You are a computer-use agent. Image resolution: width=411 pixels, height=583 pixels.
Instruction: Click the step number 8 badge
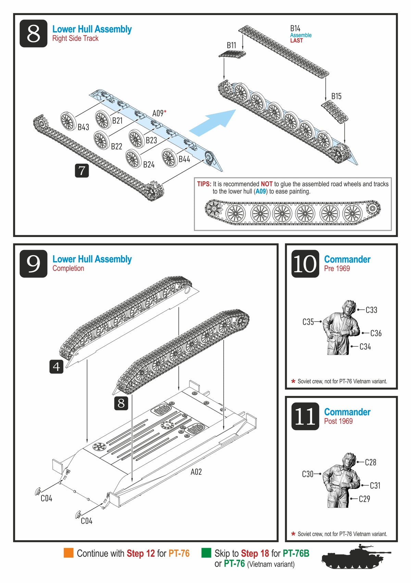[x=33, y=33]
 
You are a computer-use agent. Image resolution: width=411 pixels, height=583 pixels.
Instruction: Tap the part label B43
[x=83, y=127]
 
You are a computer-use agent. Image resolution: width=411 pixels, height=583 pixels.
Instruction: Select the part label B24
[x=149, y=165]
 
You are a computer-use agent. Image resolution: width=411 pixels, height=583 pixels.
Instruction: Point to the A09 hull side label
[x=159, y=113]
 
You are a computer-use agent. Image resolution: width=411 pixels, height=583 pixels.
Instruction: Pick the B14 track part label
[x=295, y=28]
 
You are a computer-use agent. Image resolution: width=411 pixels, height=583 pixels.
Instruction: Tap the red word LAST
[x=297, y=40]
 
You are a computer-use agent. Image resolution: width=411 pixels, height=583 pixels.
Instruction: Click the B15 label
[x=336, y=96]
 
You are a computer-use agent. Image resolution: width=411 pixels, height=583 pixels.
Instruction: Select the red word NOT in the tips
[x=266, y=184]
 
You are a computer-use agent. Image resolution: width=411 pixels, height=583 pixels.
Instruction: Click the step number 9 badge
[x=33, y=263]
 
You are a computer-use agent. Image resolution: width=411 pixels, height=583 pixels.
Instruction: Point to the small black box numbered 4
[x=56, y=367]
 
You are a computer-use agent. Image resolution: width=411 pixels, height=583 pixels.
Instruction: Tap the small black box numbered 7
[x=82, y=170]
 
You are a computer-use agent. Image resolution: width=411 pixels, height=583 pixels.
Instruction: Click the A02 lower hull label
[x=196, y=472]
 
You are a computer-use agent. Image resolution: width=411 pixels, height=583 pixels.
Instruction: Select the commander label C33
[x=371, y=310]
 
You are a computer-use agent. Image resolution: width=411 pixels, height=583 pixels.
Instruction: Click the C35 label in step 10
[x=308, y=322]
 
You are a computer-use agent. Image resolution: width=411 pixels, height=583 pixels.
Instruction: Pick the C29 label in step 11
[x=364, y=499]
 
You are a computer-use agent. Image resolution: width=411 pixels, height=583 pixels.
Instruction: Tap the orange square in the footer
[x=68, y=553]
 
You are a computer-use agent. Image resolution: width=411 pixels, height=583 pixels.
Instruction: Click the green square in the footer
[x=206, y=553]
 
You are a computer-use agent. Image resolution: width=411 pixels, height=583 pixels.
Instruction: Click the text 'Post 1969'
[x=338, y=421]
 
